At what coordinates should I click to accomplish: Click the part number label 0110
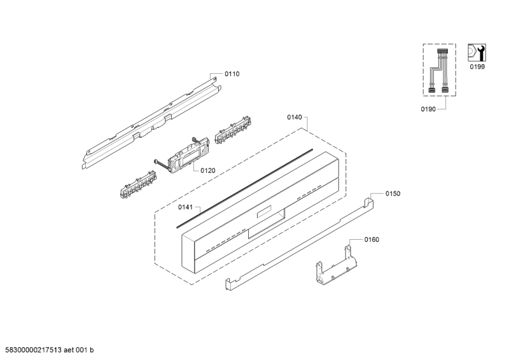click(232, 74)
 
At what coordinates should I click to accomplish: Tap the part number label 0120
click(209, 170)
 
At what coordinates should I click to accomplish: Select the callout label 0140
click(295, 118)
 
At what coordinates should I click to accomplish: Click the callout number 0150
click(392, 193)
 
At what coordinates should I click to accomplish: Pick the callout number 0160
click(372, 239)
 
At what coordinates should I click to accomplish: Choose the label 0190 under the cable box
click(429, 109)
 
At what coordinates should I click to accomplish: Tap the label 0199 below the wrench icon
click(476, 66)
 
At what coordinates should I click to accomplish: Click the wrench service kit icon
click(475, 53)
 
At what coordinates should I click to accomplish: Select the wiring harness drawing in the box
click(439, 71)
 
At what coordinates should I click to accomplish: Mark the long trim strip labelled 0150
click(299, 242)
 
